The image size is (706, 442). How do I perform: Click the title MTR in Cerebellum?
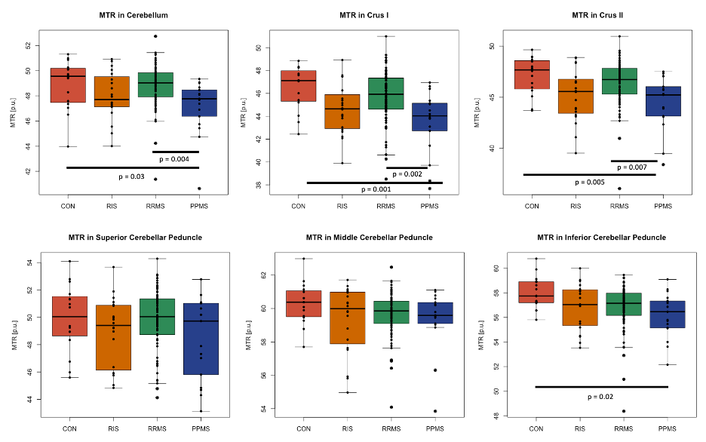(133, 15)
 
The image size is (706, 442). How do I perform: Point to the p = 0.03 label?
(132, 176)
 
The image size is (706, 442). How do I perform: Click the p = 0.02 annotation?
(601, 395)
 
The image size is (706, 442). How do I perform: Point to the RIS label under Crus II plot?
(576, 206)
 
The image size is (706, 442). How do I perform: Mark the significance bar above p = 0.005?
(591, 174)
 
